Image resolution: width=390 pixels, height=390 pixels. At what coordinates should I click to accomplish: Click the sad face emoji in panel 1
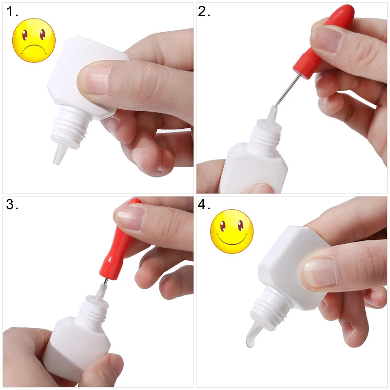[x=34, y=40]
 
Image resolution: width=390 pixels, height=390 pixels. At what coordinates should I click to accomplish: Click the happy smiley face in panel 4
[x=232, y=231]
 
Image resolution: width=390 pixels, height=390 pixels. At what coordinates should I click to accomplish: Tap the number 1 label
[x=12, y=12]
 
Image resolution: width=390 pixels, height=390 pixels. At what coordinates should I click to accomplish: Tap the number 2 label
[x=204, y=12]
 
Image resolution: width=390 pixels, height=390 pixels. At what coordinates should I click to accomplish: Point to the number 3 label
[x=12, y=204]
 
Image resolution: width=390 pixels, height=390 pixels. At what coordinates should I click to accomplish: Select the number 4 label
[x=204, y=204]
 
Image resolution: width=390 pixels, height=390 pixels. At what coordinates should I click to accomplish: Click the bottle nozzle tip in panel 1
[x=57, y=162]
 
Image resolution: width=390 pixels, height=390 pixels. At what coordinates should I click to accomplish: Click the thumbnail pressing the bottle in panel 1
[x=94, y=80]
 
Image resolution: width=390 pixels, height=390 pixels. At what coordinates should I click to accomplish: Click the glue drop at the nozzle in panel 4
[x=250, y=344]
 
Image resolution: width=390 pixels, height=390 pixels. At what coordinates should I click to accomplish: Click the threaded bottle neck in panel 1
[x=70, y=127]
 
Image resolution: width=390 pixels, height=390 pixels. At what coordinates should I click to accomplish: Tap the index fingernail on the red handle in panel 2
[x=328, y=39]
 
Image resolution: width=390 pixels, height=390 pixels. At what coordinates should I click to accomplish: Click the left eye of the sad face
[x=25, y=35]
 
